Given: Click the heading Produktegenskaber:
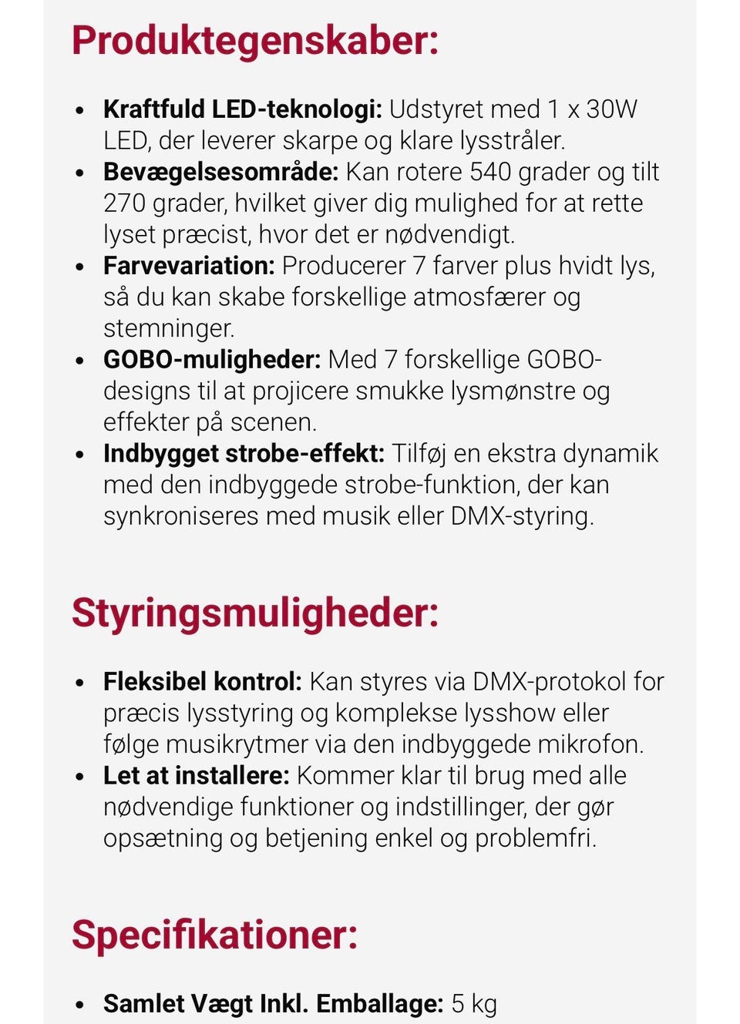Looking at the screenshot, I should [x=255, y=40].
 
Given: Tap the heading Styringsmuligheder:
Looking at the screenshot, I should [x=255, y=613].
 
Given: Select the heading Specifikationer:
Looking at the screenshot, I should [x=215, y=935].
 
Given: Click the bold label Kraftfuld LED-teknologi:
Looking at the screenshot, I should [x=242, y=109].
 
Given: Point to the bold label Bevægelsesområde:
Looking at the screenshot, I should [x=220, y=172].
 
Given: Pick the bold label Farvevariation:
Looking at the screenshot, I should [x=189, y=266].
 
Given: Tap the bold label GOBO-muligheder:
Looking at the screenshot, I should [x=211, y=360].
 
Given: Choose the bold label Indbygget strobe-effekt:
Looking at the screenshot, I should [x=244, y=454].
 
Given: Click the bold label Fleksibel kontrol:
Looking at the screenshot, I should [x=202, y=682].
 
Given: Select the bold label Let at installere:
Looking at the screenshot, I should [x=196, y=776].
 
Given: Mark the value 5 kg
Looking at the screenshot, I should [x=474, y=1004].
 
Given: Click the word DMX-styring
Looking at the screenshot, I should [x=522, y=516].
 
